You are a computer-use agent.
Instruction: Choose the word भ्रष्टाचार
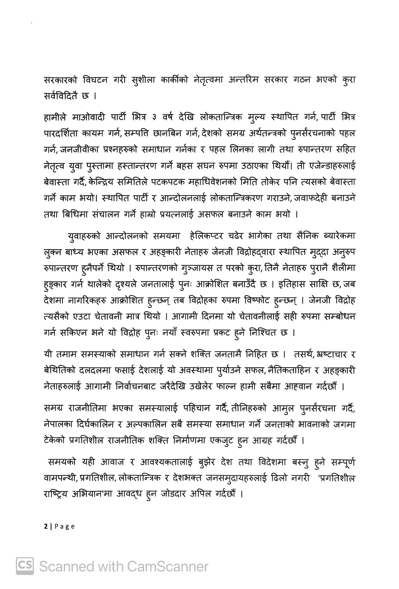point(324,354)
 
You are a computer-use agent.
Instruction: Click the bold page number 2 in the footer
point(46,527)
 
